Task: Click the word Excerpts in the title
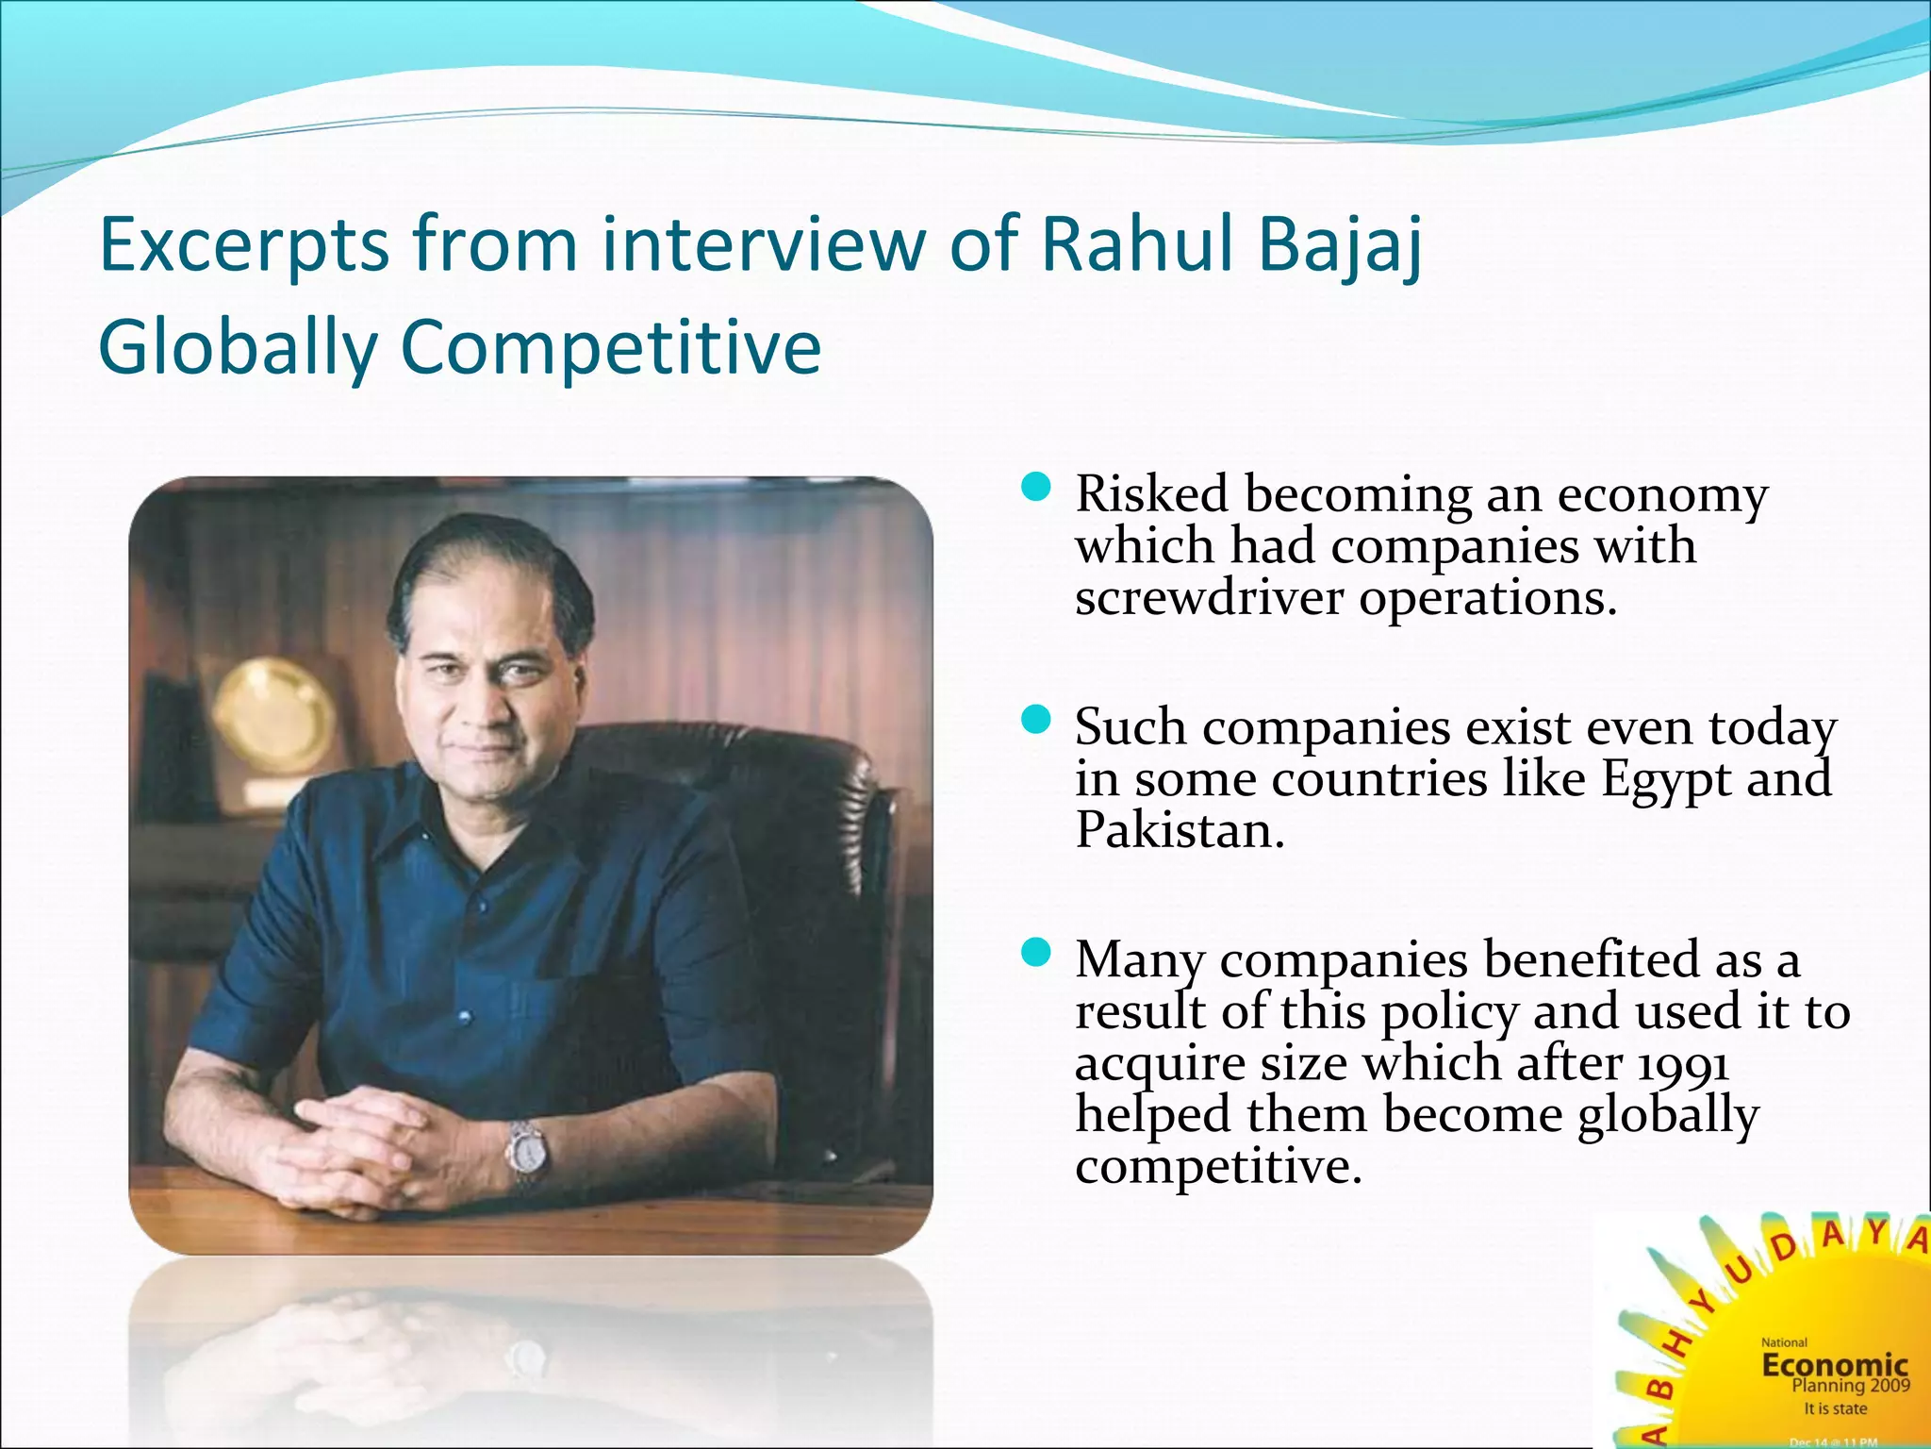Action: (x=243, y=245)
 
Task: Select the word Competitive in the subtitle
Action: (x=610, y=347)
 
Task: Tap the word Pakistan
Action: (x=1180, y=831)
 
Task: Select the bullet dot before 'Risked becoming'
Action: (x=1036, y=488)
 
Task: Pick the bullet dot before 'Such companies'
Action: (x=1036, y=721)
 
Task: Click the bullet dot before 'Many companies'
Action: (x=1036, y=953)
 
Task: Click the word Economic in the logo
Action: (x=1835, y=1364)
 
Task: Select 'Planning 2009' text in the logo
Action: (x=1850, y=1386)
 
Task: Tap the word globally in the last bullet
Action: (x=1668, y=1116)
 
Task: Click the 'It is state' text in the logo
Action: (x=1835, y=1408)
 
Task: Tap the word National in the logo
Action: (x=1784, y=1342)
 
